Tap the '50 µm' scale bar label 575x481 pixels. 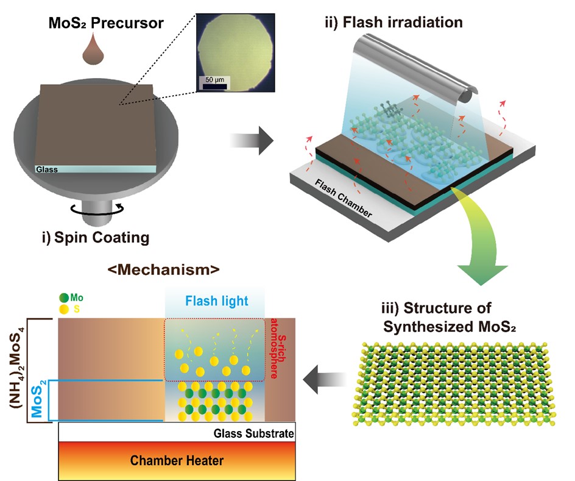pyautogui.click(x=215, y=80)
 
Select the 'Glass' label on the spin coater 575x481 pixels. pyautogui.click(x=46, y=169)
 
